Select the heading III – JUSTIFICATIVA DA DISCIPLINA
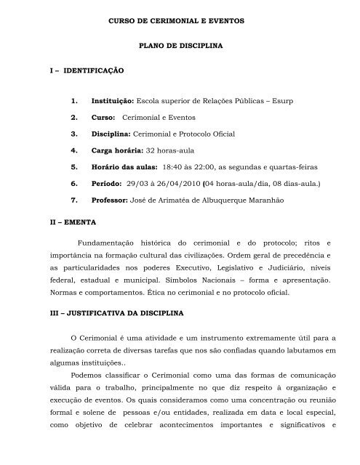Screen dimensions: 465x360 [x=117, y=312]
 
